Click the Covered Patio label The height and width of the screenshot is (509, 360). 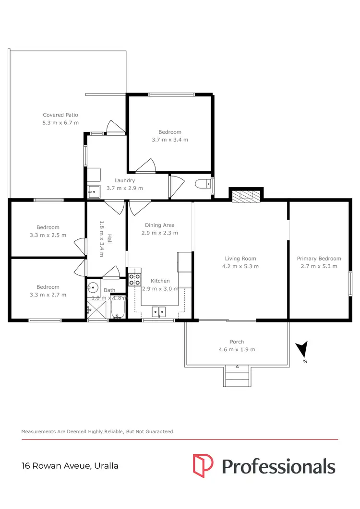(x=60, y=115)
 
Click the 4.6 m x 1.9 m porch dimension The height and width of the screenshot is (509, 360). (x=237, y=350)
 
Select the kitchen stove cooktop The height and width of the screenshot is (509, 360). (x=134, y=280)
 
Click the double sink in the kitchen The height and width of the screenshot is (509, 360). (x=159, y=313)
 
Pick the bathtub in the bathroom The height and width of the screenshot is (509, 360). (x=118, y=308)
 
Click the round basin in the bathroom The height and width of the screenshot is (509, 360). (x=93, y=288)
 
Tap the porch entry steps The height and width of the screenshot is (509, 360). (x=237, y=376)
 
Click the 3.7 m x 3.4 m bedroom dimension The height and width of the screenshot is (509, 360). (x=170, y=140)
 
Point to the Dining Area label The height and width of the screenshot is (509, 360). (x=160, y=225)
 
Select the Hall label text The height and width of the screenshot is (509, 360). (x=109, y=238)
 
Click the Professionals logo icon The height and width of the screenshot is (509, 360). (x=203, y=465)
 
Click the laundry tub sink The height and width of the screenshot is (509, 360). (x=93, y=191)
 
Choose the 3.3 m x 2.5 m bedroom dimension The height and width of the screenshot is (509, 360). (x=48, y=235)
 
